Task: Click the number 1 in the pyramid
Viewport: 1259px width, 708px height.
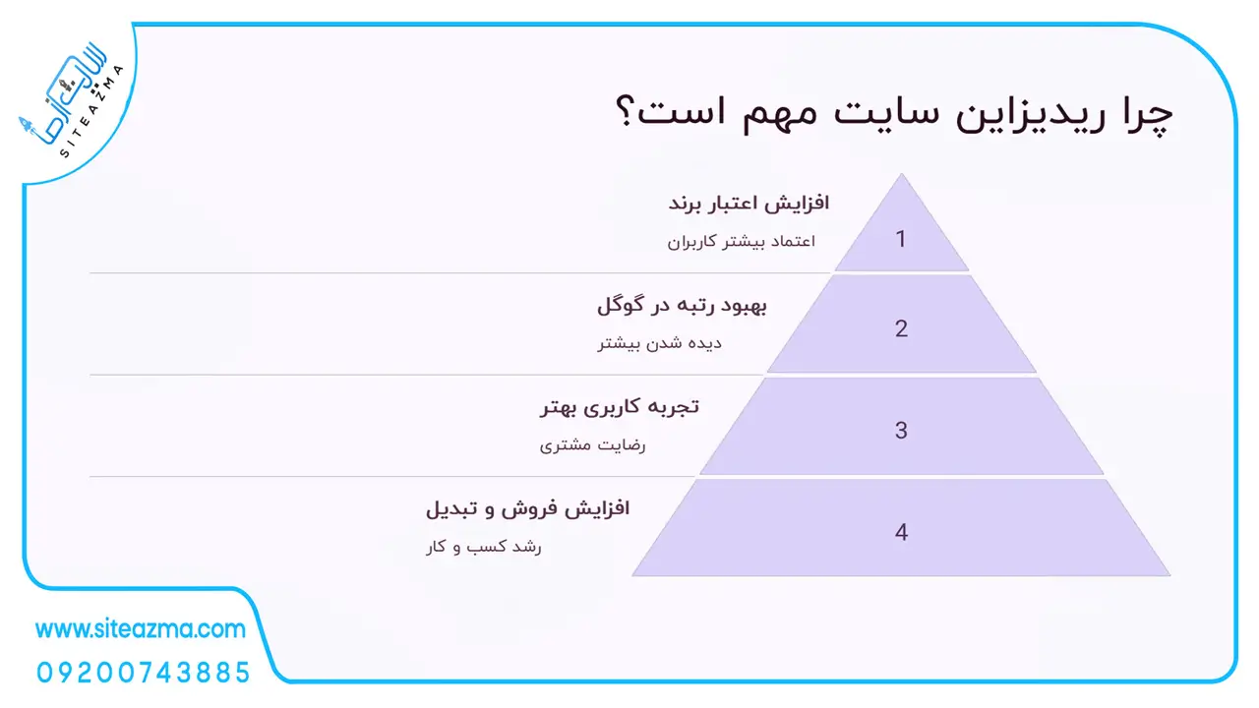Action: (x=900, y=239)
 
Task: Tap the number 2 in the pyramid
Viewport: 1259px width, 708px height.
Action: (x=901, y=328)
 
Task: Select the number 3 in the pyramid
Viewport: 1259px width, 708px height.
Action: (x=901, y=431)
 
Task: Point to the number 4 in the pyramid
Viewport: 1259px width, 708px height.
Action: (x=901, y=532)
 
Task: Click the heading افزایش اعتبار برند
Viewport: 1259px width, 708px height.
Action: (x=749, y=203)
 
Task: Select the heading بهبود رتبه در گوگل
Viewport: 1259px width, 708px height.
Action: (x=682, y=305)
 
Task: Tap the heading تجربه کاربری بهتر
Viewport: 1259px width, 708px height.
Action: (x=620, y=407)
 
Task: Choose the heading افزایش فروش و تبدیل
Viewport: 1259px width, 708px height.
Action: (x=528, y=508)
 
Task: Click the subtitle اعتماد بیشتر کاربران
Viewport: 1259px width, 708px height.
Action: (x=742, y=242)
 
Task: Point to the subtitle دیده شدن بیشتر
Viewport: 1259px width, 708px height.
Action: (x=659, y=343)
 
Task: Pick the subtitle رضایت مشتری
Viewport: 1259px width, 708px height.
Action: (x=592, y=445)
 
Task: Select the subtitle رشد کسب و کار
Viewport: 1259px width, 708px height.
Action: (x=483, y=546)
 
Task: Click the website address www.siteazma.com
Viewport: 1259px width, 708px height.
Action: (x=141, y=628)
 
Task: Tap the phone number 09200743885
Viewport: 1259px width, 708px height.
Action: (x=144, y=673)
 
